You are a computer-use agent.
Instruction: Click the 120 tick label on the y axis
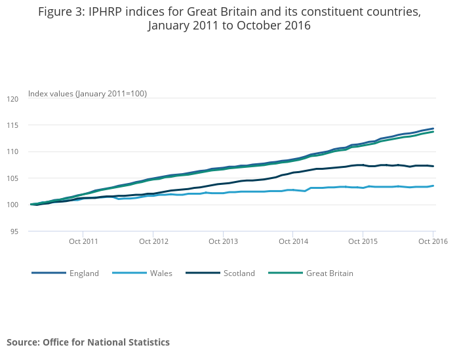click(x=12, y=98)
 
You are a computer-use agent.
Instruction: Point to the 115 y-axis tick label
click(x=12, y=125)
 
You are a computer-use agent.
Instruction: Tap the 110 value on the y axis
click(x=12, y=151)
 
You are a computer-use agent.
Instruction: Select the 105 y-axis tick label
click(x=12, y=178)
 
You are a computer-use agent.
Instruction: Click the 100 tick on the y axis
click(x=12, y=205)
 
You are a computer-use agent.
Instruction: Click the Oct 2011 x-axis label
click(x=83, y=242)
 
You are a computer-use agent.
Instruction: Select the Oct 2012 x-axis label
click(x=153, y=242)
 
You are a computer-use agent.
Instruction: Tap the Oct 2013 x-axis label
click(x=224, y=242)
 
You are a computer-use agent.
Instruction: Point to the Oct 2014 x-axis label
click(x=293, y=242)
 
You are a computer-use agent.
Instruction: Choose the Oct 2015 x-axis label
click(x=363, y=242)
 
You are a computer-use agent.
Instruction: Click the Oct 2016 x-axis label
click(x=433, y=242)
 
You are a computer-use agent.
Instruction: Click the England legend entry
click(x=84, y=273)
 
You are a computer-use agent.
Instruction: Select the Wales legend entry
click(x=161, y=273)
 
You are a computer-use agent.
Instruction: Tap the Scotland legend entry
click(x=239, y=273)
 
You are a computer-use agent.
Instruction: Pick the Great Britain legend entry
click(x=329, y=273)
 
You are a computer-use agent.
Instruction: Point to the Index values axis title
click(x=87, y=94)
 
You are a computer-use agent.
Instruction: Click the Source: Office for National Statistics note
click(x=88, y=342)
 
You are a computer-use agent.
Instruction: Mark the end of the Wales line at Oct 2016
click(x=433, y=186)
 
